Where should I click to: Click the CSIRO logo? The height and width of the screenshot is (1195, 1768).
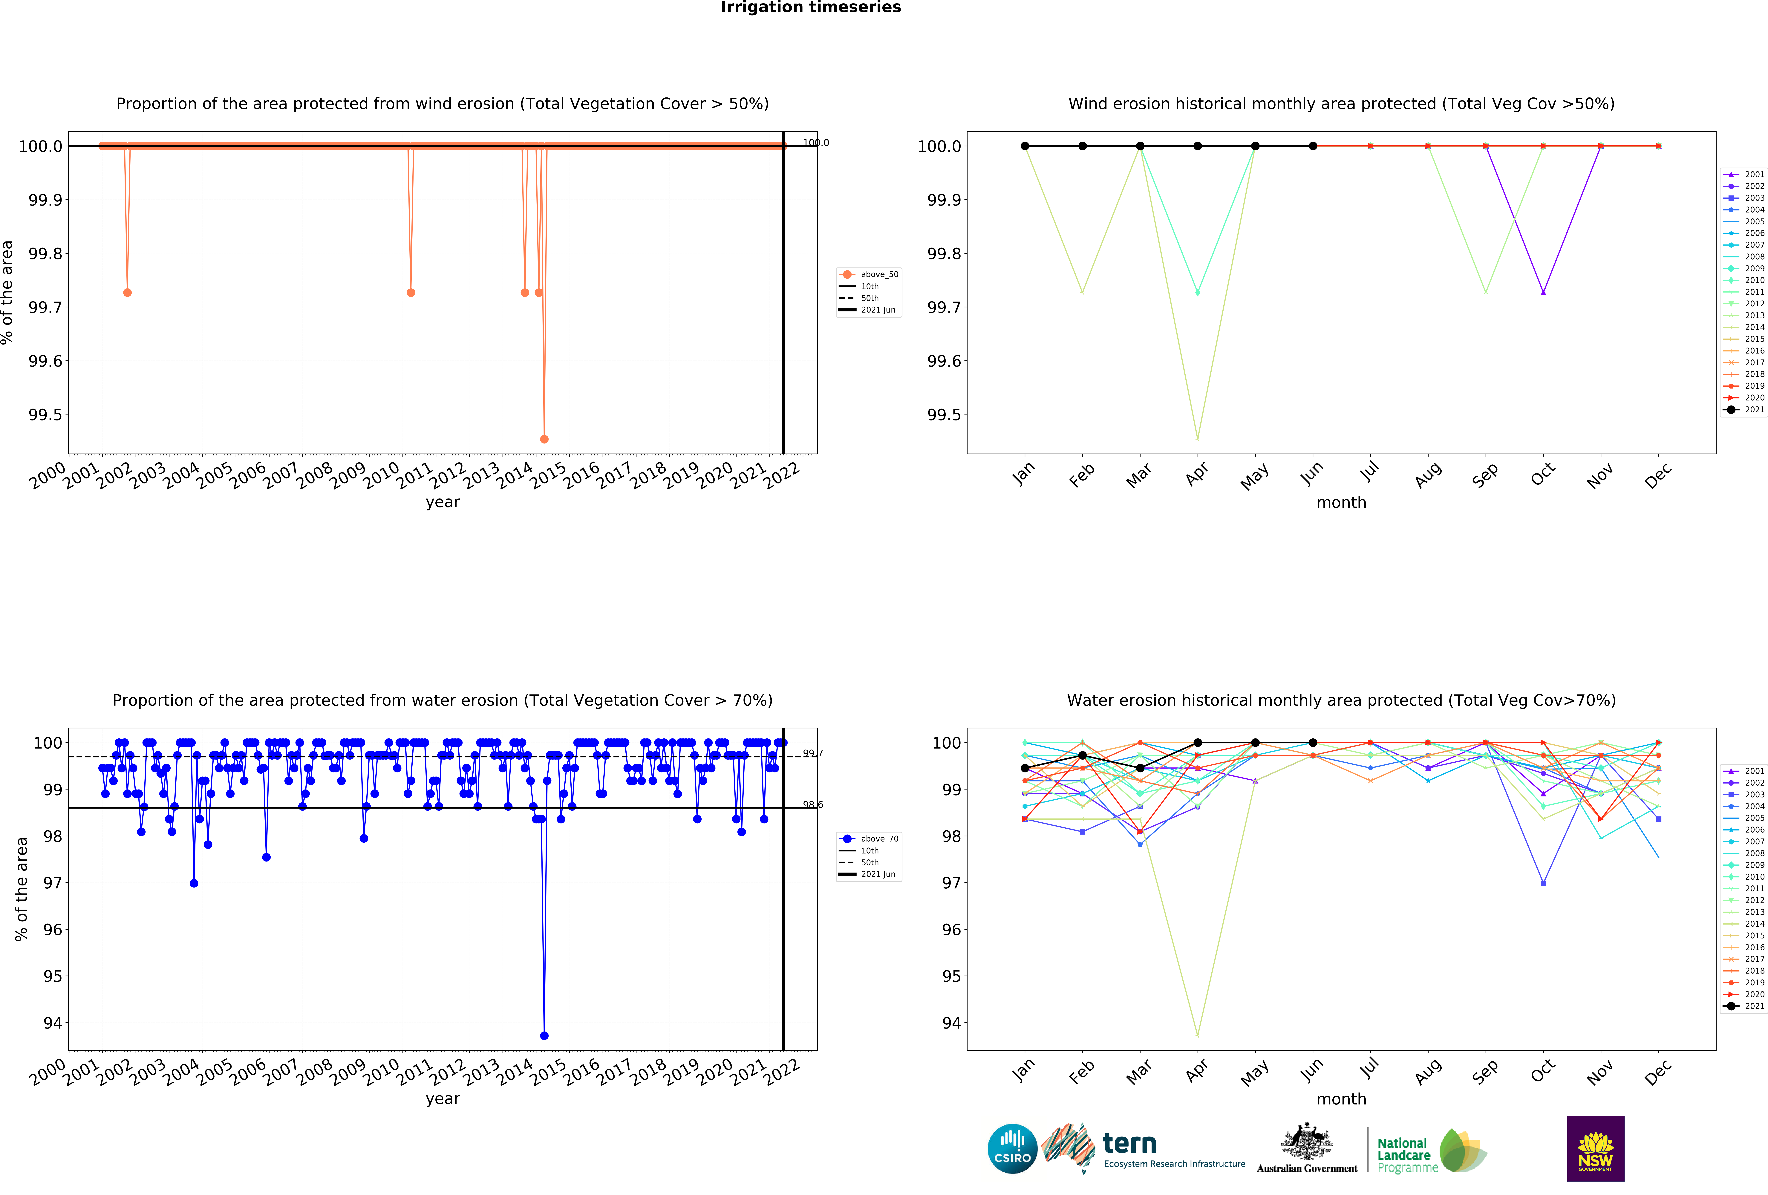click(x=1012, y=1149)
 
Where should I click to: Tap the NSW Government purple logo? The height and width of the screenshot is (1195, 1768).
click(x=1595, y=1149)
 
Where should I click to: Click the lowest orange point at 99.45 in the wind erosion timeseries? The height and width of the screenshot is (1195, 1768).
click(x=544, y=439)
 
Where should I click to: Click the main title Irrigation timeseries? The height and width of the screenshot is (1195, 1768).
click(x=811, y=8)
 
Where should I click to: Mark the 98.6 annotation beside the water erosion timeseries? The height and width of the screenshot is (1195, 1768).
click(x=812, y=805)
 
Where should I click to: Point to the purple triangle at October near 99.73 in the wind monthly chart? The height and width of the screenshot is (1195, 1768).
click(x=1543, y=292)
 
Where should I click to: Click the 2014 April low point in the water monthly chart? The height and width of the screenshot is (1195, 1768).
click(x=1197, y=1035)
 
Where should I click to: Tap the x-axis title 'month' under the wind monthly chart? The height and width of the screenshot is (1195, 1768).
click(x=1341, y=503)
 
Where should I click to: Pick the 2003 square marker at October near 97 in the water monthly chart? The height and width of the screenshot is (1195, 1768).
click(x=1543, y=883)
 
